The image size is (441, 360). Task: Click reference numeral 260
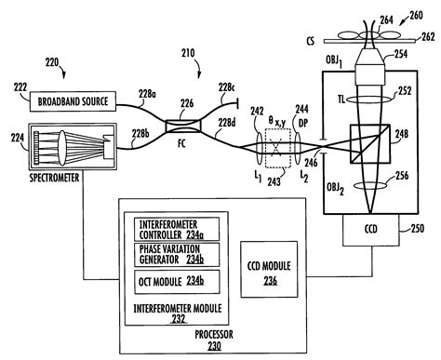click(x=426, y=14)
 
